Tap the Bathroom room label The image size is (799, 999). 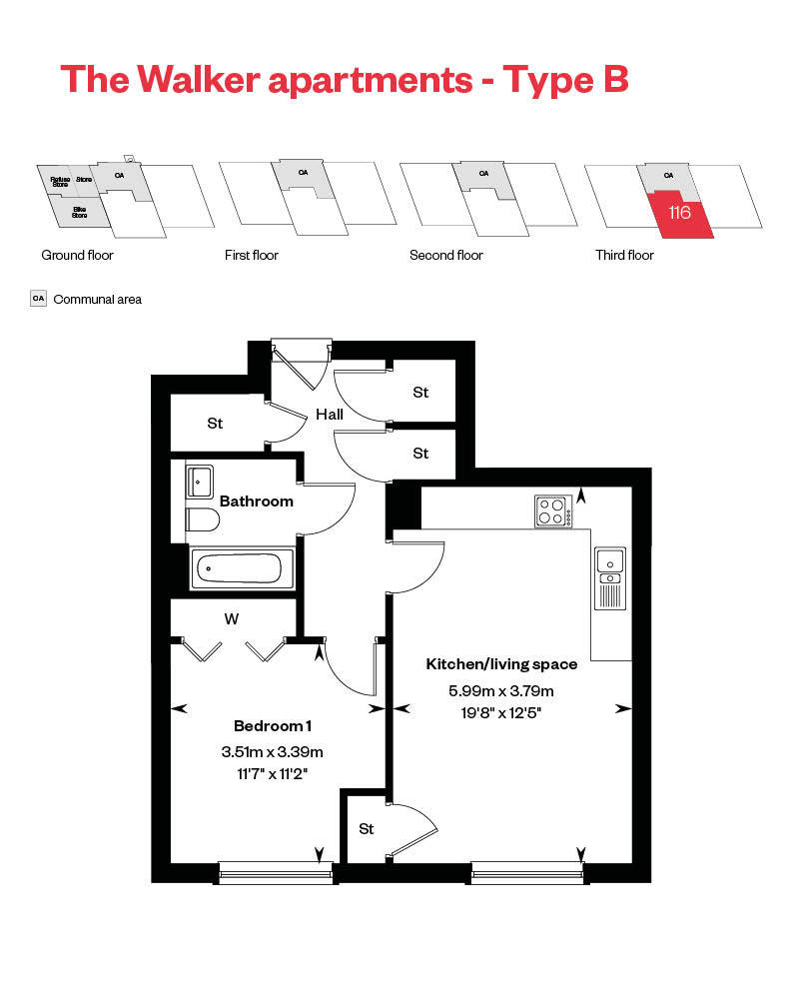tap(257, 501)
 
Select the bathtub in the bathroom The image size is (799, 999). tap(243, 568)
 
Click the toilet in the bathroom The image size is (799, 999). tap(203, 521)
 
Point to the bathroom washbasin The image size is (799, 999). tap(199, 481)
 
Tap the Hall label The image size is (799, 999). tap(330, 414)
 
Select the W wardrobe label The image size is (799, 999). tap(232, 619)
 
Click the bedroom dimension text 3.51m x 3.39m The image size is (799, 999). tap(272, 752)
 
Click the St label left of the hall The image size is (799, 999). tap(215, 424)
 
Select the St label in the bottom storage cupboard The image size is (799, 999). tap(367, 829)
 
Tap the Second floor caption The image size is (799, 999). tap(445, 256)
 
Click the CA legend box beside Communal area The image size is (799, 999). tap(39, 298)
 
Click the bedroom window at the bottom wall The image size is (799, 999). tap(275, 874)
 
